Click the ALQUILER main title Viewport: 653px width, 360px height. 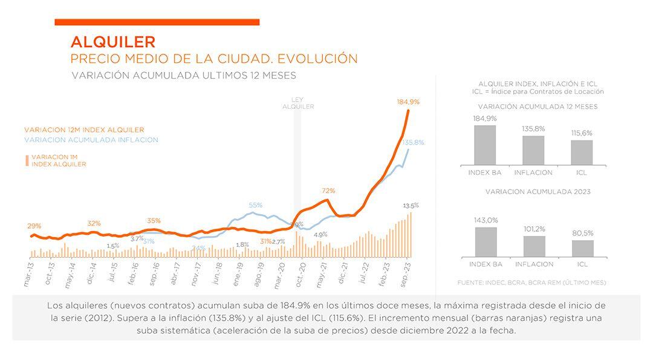pos(113,42)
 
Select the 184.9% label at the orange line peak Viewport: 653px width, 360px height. pos(408,102)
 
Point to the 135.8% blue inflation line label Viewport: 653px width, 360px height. pos(413,143)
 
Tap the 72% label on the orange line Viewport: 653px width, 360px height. pos(328,191)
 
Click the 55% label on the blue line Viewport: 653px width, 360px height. pos(255,205)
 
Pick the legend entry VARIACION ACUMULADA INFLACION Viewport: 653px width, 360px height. pos(91,140)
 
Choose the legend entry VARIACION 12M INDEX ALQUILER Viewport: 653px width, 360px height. pos(84,130)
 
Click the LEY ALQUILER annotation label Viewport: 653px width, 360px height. pos(298,103)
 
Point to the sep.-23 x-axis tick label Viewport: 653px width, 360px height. pos(408,273)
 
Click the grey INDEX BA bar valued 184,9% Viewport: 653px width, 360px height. pos(485,145)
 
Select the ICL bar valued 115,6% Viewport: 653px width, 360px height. pos(582,152)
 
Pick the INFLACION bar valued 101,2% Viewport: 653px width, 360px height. pos(534,246)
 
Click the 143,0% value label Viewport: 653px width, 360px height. pos(486,220)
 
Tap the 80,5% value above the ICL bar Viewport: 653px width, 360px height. pos(583,233)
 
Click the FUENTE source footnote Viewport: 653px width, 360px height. pos(531,283)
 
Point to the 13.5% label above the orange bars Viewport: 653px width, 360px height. pos(411,206)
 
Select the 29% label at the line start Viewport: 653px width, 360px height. pos(34,226)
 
